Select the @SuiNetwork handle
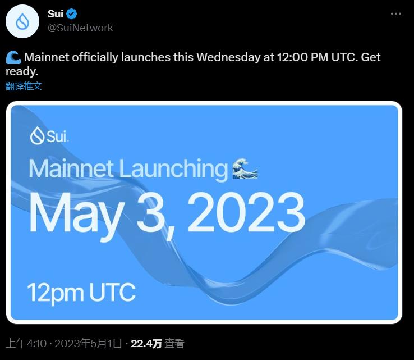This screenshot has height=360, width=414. (x=80, y=28)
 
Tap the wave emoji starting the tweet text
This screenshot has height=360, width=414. (x=13, y=57)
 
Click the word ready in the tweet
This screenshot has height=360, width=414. (x=21, y=72)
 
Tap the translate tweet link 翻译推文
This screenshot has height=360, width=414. (x=24, y=86)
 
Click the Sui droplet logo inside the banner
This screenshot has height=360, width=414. (x=37, y=136)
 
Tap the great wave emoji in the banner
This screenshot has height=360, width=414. (x=245, y=168)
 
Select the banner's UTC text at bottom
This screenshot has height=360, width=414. (x=110, y=292)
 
